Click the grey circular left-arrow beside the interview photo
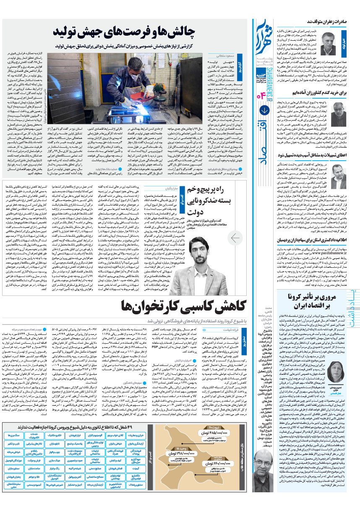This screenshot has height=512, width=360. pyautogui.click(x=236, y=238)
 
